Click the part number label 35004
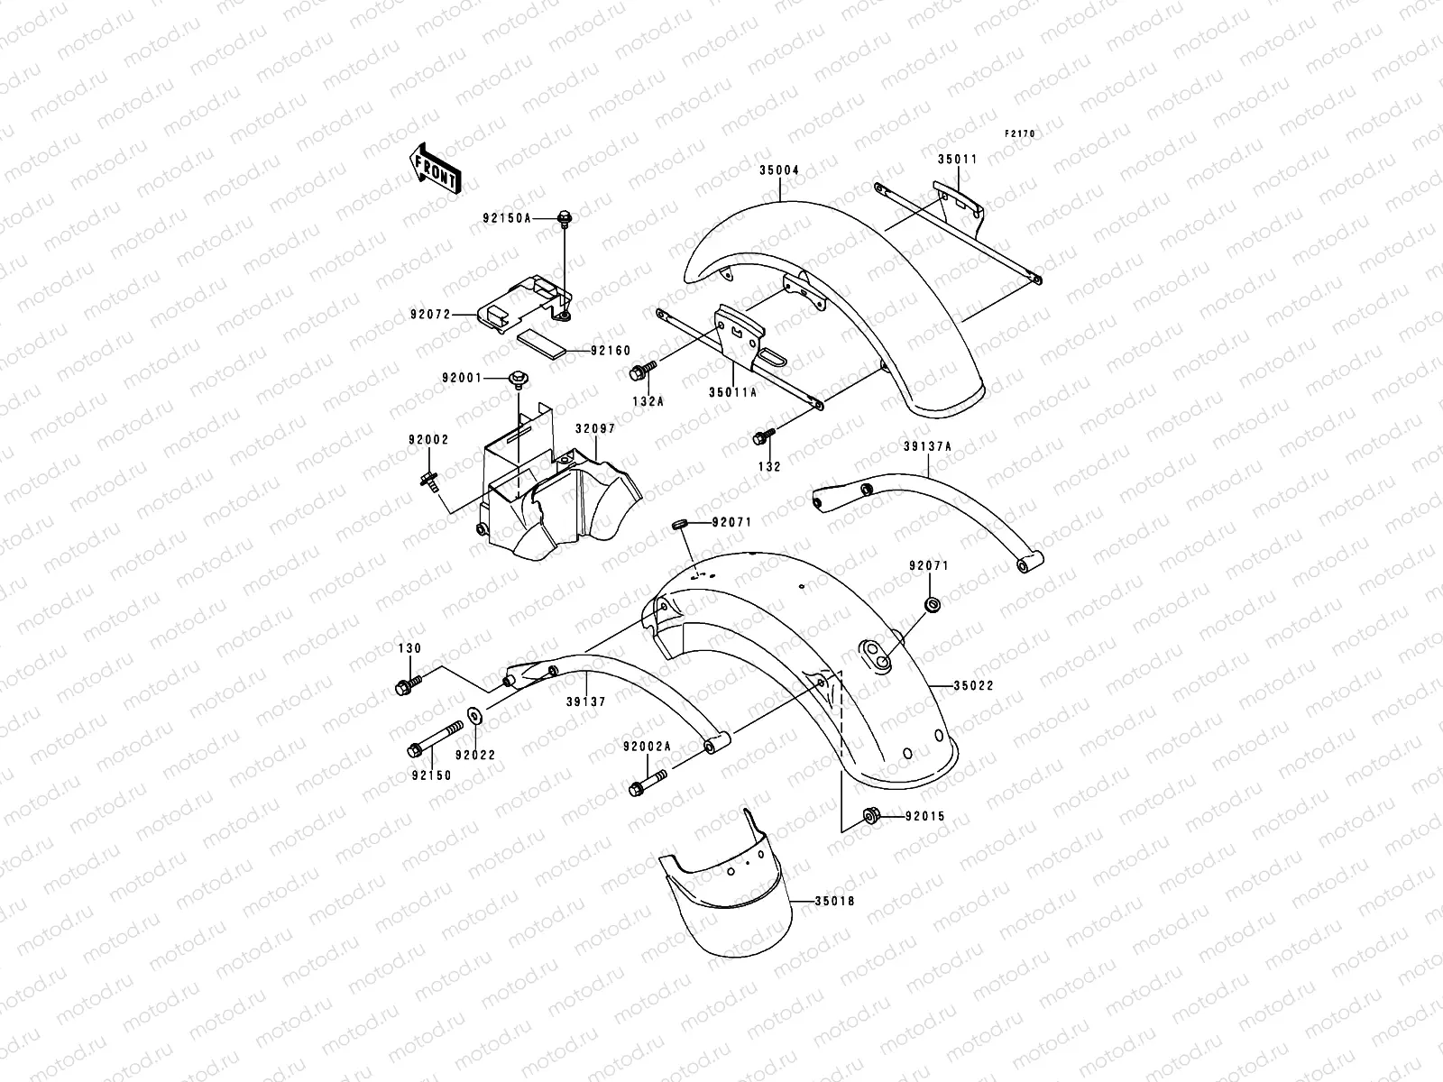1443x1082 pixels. coord(778,169)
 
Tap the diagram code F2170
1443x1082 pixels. coord(1021,133)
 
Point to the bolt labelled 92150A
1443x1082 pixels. coord(565,217)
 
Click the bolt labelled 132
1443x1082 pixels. coord(760,438)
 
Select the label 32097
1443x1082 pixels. coord(595,429)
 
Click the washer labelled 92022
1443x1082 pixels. coord(473,718)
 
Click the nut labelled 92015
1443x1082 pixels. coord(871,816)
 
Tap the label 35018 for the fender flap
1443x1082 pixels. coord(834,900)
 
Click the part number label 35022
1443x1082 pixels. coord(971,685)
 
